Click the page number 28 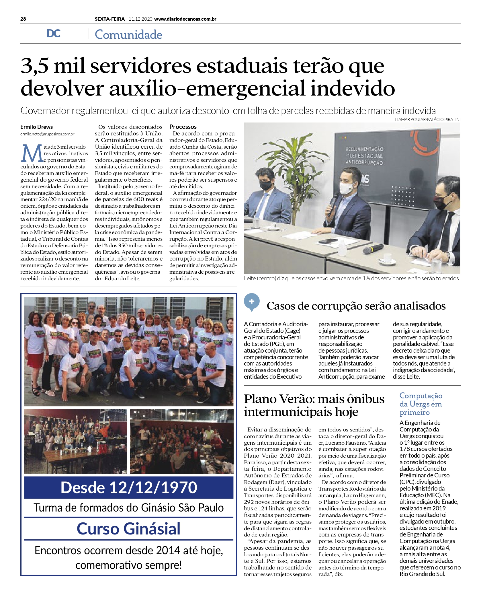[23, 19]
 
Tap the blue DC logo [54, 34]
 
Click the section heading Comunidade [128, 35]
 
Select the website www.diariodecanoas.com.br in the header [185, 19]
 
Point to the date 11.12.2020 [140, 19]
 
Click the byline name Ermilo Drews [36, 127]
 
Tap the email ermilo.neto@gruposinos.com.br [47, 134]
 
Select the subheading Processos [183, 127]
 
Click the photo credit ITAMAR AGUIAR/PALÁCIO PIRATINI [428, 119]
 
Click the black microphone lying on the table [373, 248]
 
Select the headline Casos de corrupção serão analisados [356, 306]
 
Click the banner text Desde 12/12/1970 [129, 487]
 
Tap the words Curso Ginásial [129, 528]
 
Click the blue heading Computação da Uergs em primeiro [421, 404]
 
